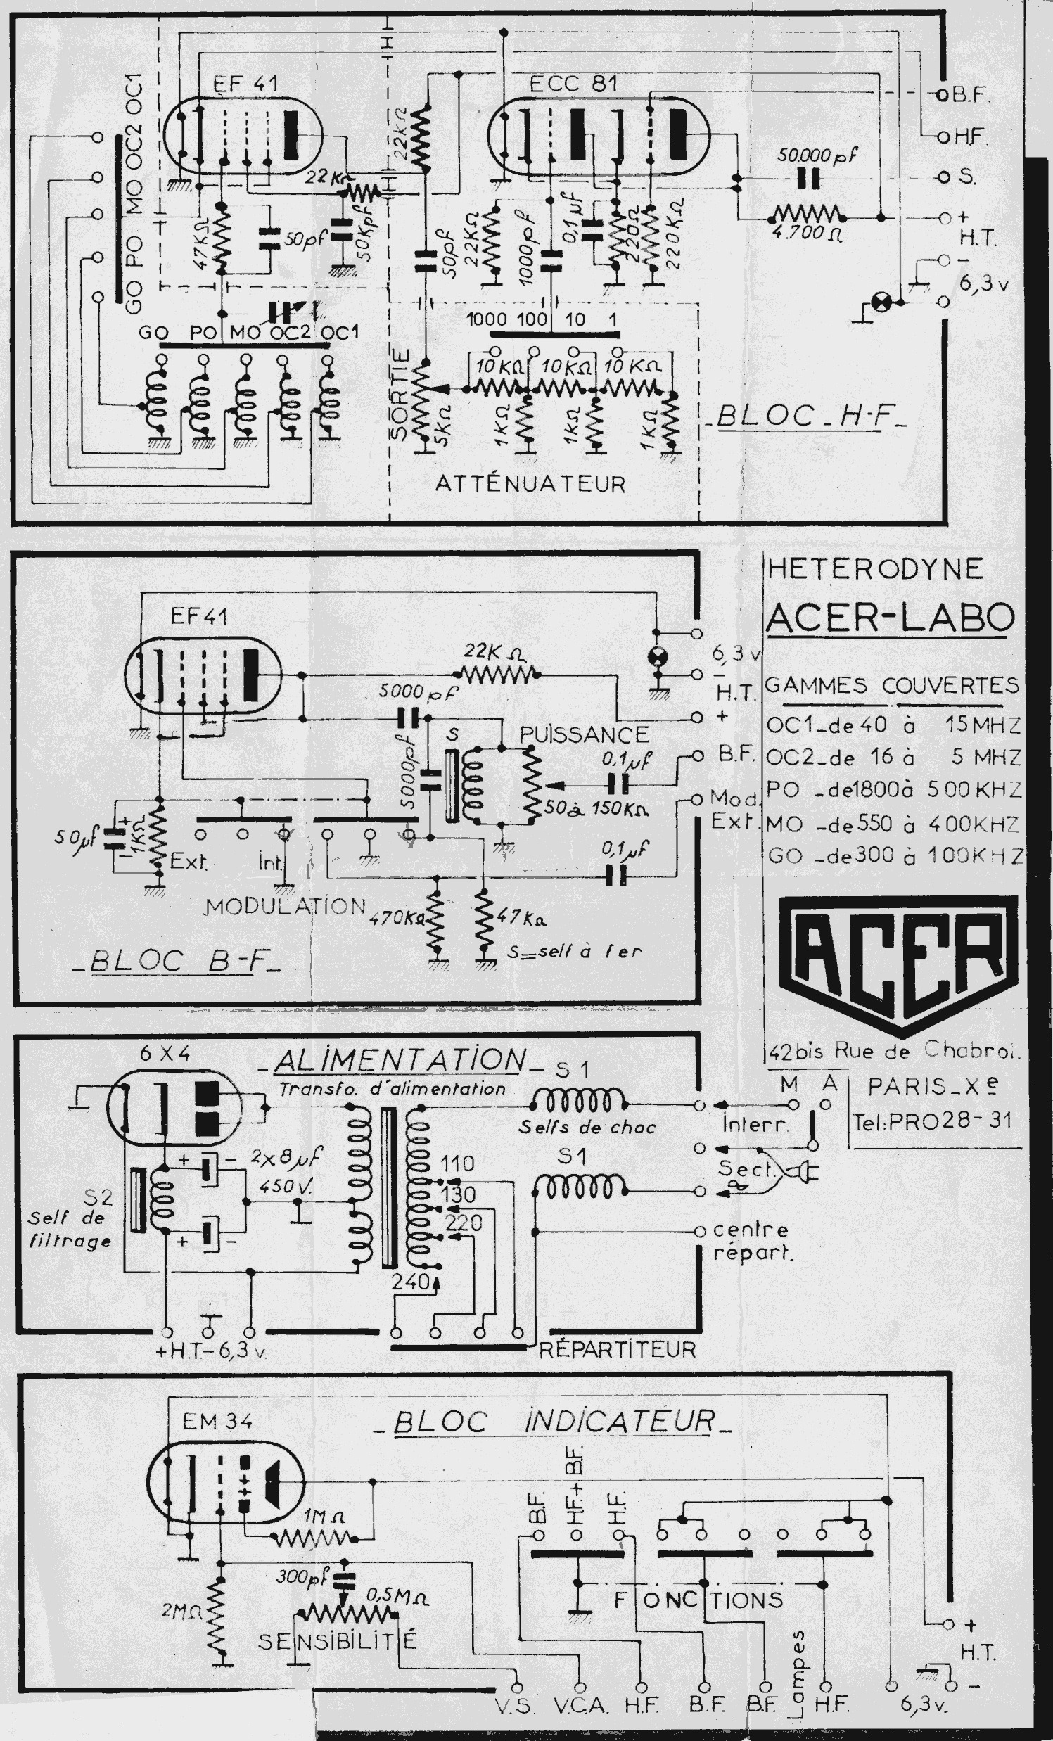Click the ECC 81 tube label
[573, 84]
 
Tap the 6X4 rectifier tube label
[165, 1054]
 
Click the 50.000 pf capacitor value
[817, 155]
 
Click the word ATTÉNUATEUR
[531, 484]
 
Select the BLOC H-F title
[811, 416]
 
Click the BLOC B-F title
[177, 961]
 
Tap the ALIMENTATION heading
[400, 1060]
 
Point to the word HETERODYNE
[875, 569]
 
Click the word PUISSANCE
[585, 734]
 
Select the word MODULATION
[286, 906]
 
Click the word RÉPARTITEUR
[617, 1350]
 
